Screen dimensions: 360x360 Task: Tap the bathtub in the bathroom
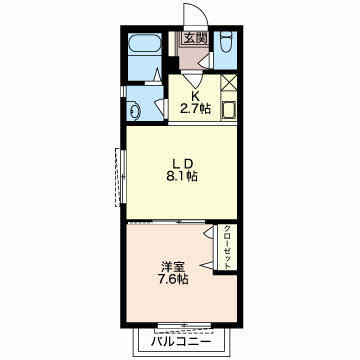145,43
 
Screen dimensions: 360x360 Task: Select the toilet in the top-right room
226,43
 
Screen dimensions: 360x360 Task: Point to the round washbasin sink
135,110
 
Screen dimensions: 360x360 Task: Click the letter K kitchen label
195,96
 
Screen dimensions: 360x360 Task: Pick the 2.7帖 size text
195,109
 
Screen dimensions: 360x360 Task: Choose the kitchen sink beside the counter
229,110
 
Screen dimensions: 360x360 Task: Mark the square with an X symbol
229,83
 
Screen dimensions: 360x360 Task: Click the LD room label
182,164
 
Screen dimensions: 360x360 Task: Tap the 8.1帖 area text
182,176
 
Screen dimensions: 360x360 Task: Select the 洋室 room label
173,267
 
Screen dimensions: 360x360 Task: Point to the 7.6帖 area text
173,279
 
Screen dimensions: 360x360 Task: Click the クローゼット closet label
227,247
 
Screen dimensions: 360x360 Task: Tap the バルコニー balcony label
182,341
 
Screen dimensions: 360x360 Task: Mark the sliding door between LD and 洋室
167,222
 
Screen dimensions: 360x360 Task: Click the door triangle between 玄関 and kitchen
193,79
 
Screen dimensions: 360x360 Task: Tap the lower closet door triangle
207,265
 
